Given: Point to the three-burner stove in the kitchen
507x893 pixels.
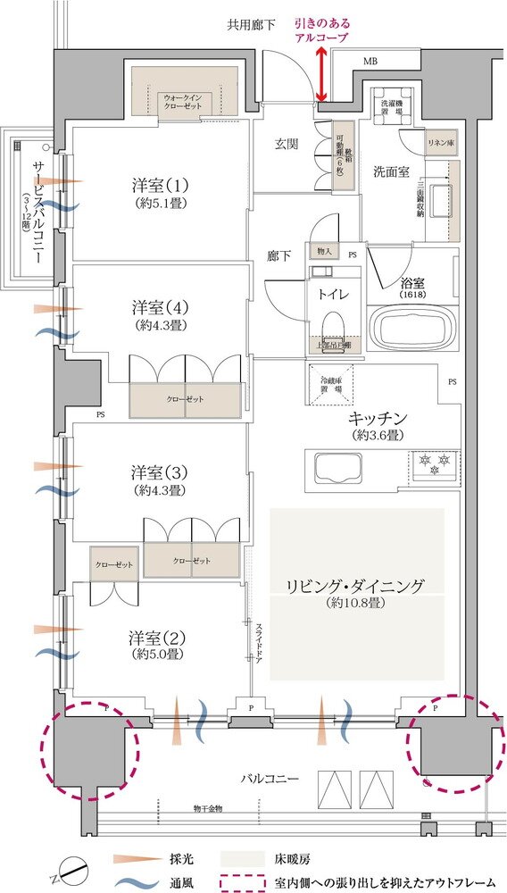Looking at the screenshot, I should coord(432,466).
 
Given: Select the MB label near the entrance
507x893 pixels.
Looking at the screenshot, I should coord(370,62).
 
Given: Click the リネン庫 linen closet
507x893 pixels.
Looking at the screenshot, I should coord(440,143).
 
